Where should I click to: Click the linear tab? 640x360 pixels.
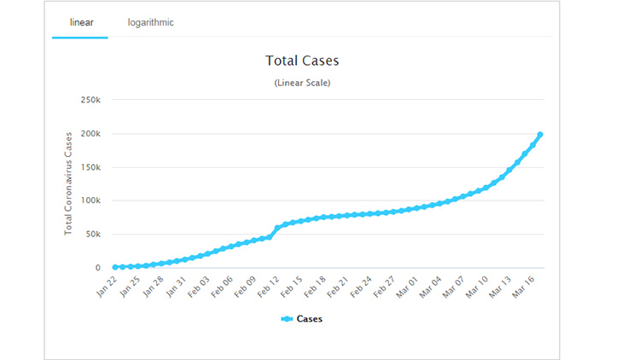click(x=81, y=22)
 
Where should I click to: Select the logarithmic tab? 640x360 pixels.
click(x=150, y=22)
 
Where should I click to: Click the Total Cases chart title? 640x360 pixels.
click(x=302, y=62)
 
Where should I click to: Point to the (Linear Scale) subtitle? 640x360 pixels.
click(x=302, y=83)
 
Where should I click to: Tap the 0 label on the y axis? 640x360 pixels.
click(x=97, y=268)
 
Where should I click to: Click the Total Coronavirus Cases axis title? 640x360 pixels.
click(x=67, y=184)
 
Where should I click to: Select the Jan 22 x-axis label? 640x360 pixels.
click(x=107, y=284)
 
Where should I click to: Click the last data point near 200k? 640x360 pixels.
click(x=540, y=135)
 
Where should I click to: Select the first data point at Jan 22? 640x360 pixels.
click(x=115, y=267)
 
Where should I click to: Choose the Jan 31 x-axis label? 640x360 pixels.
click(x=177, y=284)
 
